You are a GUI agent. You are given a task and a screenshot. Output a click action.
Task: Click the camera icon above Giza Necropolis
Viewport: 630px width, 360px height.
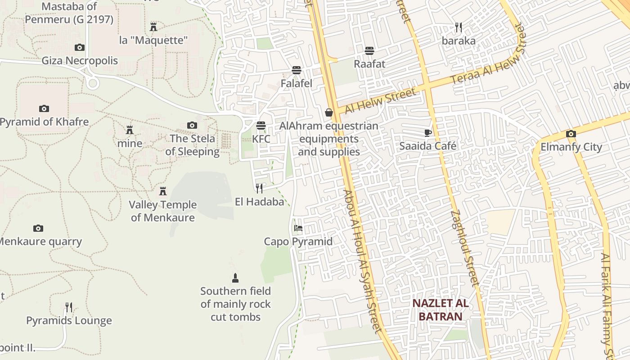79,47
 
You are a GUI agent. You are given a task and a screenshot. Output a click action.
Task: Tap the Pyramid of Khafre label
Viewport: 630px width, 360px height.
45,122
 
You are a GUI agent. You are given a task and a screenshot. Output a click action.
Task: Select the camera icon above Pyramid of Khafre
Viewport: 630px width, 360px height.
44,108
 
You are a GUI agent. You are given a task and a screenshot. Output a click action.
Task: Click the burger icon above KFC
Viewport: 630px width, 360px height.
261,125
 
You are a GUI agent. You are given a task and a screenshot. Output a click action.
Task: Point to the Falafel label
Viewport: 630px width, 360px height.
296,84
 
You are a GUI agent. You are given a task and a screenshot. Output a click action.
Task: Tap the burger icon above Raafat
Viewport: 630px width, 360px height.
369,50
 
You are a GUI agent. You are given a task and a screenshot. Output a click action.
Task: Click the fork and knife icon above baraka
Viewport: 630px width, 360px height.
459,27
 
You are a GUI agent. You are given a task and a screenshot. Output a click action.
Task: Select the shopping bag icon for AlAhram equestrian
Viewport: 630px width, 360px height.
329,112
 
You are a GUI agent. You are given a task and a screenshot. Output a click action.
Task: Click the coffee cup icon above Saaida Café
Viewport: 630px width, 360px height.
428,133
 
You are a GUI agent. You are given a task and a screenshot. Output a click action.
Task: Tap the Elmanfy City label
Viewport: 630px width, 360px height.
571,147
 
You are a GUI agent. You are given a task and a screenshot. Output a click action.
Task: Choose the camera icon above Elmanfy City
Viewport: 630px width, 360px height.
571,134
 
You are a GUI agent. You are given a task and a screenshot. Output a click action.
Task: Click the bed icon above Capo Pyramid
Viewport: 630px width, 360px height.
298,228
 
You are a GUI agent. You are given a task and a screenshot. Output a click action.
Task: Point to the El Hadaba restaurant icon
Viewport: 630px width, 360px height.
259,188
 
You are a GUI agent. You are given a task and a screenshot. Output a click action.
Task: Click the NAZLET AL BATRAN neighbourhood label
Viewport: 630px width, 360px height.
441,310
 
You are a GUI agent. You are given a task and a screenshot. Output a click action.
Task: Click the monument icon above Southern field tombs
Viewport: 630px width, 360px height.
235,278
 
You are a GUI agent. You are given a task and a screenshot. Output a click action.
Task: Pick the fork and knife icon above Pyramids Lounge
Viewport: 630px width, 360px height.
69,307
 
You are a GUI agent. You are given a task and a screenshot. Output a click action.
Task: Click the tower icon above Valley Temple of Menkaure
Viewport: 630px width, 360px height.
163,191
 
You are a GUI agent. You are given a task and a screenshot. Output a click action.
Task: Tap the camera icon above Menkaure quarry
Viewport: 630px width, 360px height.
38,229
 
